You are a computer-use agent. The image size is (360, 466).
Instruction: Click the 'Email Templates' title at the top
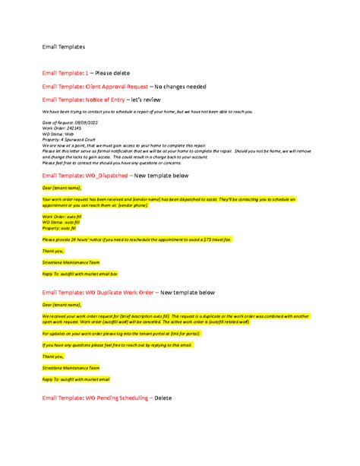click(x=63, y=47)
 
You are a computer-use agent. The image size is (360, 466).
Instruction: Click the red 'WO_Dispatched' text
click(x=106, y=176)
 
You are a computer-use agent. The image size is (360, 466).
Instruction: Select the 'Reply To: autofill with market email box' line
click(x=80, y=271)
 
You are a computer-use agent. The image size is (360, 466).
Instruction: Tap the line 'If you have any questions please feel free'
click(x=118, y=344)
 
